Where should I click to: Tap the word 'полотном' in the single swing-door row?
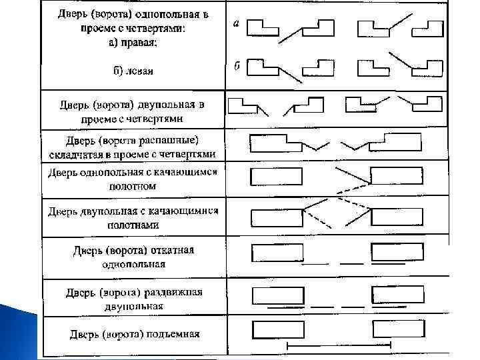133,187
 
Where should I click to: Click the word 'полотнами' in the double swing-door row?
133,225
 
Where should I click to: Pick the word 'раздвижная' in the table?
173,293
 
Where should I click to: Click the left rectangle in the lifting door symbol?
278,331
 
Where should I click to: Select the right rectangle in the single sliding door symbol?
397,253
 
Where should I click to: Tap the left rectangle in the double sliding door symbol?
278,295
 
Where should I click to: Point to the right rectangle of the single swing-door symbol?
396,176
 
